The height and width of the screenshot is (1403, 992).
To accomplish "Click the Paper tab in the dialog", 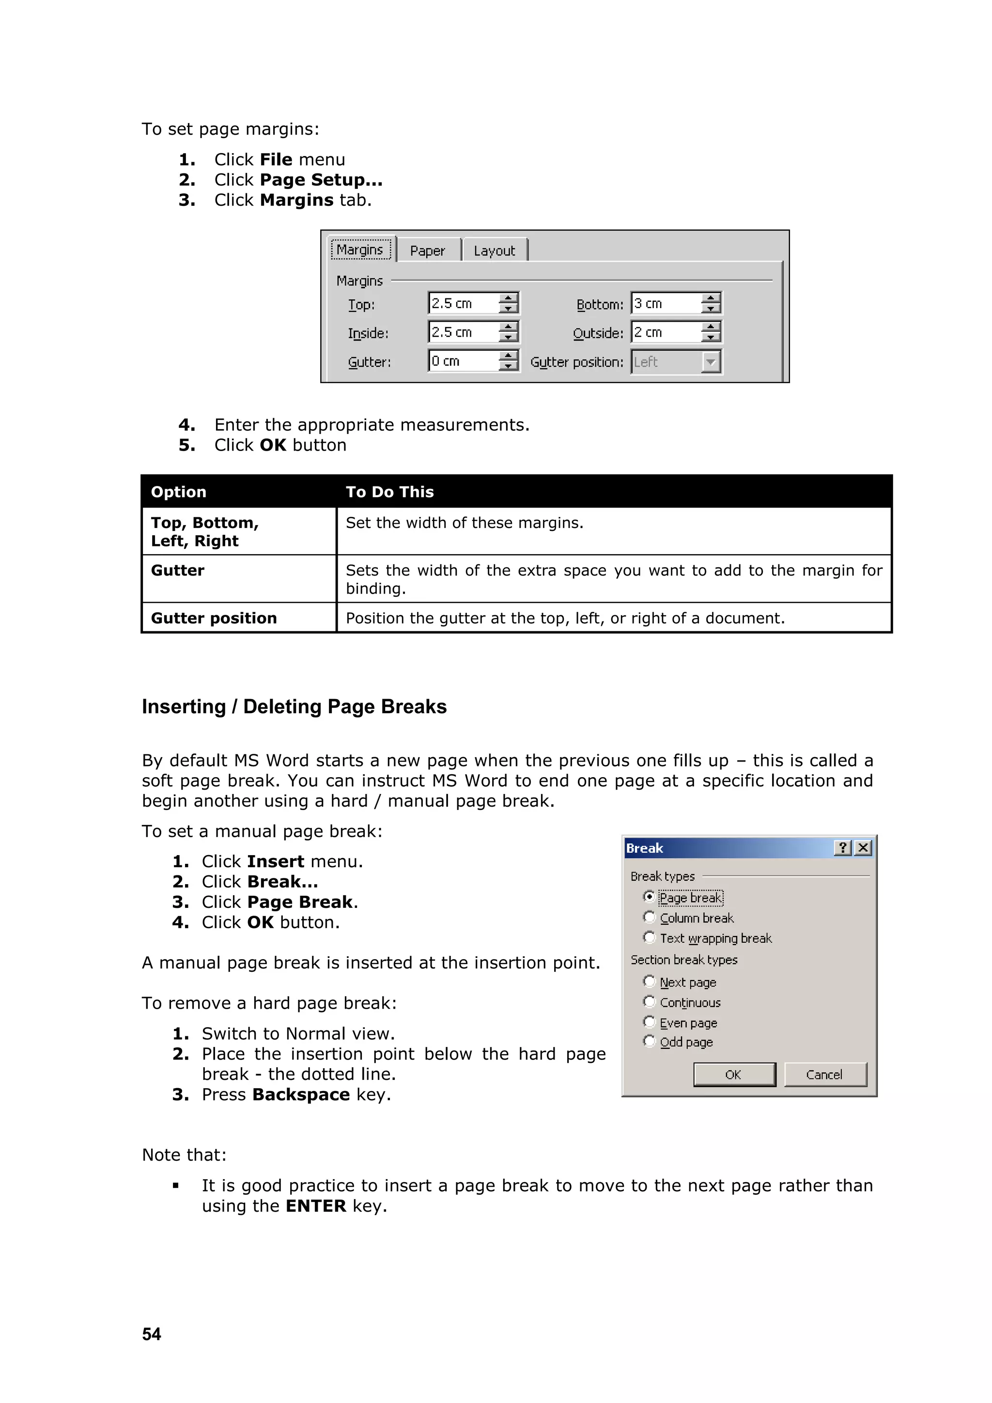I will (x=428, y=250).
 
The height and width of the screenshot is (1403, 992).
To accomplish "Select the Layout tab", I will (x=494, y=250).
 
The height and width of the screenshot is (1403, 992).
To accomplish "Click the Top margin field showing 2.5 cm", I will (x=463, y=303).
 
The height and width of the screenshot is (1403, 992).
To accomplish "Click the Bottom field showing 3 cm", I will (x=665, y=303).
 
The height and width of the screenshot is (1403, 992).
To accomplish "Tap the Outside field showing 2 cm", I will (x=665, y=332).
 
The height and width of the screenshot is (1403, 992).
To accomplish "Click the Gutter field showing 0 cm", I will (x=463, y=361).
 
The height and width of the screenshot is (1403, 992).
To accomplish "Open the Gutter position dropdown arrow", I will (x=711, y=362).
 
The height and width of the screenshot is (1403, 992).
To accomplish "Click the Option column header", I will (x=178, y=492).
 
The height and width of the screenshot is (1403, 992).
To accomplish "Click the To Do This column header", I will (x=390, y=492).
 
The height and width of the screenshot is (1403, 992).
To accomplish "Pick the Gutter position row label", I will (x=214, y=618).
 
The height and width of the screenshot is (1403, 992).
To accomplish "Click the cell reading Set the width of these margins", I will (x=464, y=523).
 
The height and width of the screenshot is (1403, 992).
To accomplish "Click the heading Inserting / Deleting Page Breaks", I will (x=294, y=706).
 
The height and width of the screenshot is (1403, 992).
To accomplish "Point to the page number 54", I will (x=152, y=1334).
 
